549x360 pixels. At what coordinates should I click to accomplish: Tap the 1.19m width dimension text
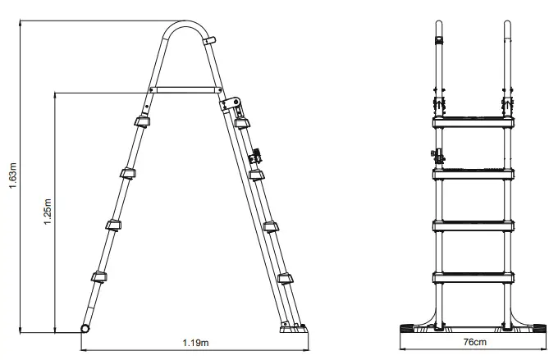coord(194,341)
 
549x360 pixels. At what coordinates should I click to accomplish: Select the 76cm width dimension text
coord(473,341)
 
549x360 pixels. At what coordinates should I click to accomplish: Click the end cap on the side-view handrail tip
coord(211,40)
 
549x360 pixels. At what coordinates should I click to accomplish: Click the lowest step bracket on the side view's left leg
coord(97,277)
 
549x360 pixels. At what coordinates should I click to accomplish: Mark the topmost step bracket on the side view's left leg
coord(141,122)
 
